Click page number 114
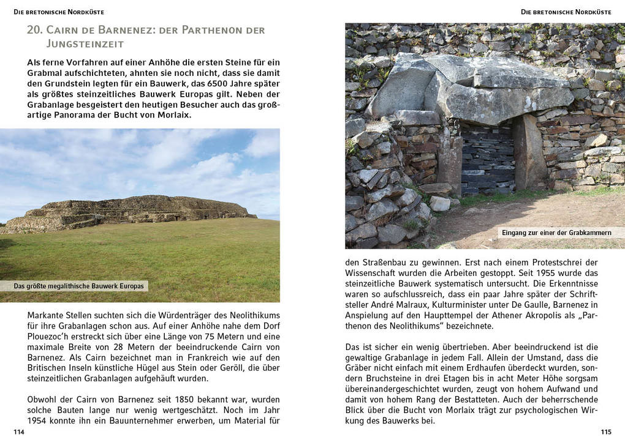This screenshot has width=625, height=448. (18, 432)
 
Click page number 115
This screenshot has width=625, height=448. (605, 432)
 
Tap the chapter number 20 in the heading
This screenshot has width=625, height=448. (34, 30)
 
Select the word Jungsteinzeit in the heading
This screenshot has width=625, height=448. (85, 43)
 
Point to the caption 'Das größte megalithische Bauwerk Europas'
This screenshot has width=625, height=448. (78, 286)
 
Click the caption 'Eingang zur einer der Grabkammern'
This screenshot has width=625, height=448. (556, 233)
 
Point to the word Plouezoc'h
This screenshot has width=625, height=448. (51, 336)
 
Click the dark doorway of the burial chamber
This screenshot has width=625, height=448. (487, 159)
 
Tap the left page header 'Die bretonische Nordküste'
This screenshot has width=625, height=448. (59, 12)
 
